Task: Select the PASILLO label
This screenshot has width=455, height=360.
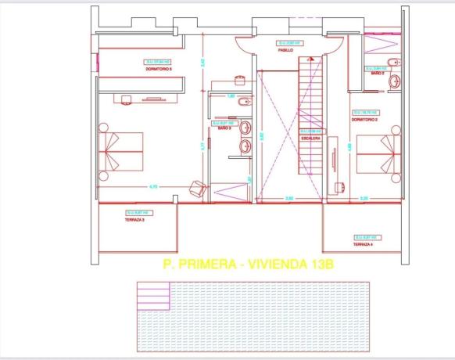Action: (x=285, y=49)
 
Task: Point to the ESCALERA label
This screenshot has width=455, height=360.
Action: (x=312, y=139)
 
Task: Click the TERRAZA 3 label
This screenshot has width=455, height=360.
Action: (x=135, y=221)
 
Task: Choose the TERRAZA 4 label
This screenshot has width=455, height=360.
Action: (x=362, y=244)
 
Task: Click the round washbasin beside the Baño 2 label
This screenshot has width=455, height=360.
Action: (x=396, y=80)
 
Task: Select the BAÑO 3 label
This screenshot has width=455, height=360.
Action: (x=223, y=128)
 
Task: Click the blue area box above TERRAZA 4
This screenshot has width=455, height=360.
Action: (x=365, y=236)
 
